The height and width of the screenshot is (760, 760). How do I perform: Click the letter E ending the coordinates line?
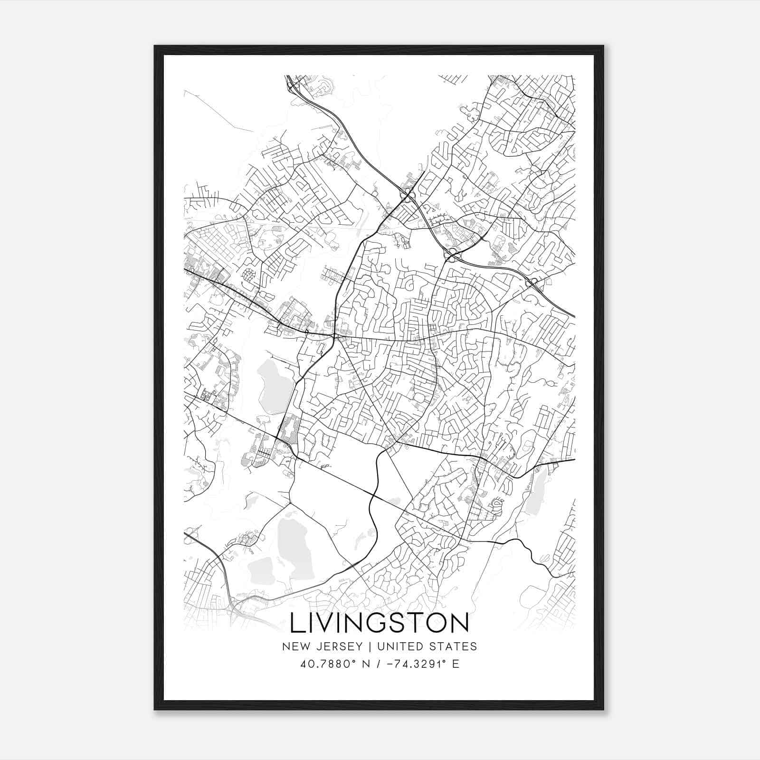point(456,664)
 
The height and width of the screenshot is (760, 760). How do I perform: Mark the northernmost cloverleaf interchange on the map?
point(407,194)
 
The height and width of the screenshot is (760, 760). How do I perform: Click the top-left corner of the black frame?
point(155,46)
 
